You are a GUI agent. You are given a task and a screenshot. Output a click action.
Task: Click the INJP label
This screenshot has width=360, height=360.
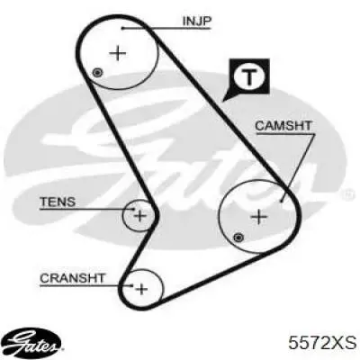coord(197,21)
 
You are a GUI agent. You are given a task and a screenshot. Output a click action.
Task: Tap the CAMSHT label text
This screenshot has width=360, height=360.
coord(283,126)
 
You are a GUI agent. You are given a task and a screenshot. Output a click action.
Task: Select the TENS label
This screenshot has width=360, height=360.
coord(58,202)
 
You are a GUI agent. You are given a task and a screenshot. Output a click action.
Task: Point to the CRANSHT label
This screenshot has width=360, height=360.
coord(72,278)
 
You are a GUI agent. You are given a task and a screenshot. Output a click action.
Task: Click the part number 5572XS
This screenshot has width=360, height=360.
coord(322,342)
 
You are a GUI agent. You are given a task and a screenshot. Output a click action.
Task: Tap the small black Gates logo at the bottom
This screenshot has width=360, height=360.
coord(34,342)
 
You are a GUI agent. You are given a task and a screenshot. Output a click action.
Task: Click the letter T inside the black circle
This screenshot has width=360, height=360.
coord(249,76)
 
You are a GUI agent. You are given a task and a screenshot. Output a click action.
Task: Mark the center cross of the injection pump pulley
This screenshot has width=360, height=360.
coord(118,54)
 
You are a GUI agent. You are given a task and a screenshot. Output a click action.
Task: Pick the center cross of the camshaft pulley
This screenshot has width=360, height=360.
coord(258,216)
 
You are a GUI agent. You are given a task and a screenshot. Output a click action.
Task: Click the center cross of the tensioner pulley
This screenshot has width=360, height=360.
coord(139,215)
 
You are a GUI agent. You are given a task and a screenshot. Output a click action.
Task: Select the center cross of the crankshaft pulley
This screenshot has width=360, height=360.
coord(141,289)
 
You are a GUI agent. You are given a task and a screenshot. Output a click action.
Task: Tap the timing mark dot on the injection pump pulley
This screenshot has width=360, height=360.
coord(97,73)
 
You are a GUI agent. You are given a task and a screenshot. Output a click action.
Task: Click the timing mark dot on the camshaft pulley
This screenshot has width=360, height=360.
coord(238,238)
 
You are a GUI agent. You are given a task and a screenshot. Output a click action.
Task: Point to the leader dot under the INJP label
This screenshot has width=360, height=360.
coord(122,28)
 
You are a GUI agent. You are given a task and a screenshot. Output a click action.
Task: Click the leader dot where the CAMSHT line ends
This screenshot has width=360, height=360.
coord(282,201)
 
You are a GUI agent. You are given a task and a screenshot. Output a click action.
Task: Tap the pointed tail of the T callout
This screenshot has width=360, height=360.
coord(222,101)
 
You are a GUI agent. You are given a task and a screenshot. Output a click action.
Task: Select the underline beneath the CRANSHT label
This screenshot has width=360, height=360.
coord(86,285)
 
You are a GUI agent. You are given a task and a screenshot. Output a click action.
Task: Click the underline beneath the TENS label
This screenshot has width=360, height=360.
coord(87,209)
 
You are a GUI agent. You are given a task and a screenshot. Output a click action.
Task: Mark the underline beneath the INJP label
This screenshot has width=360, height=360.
coord(166,28)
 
